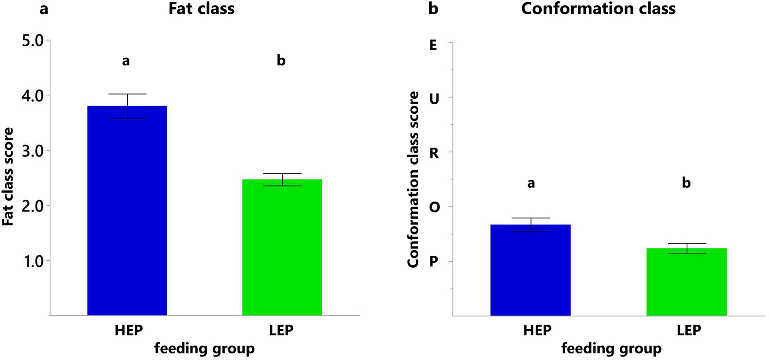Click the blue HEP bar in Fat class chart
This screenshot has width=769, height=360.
(x=127, y=211)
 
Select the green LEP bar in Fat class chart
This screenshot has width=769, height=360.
(x=282, y=247)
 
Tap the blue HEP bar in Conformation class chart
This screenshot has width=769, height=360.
(x=530, y=270)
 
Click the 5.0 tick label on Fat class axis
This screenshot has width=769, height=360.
(x=33, y=41)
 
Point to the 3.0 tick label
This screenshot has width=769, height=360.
(x=33, y=151)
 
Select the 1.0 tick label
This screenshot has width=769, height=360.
(x=33, y=261)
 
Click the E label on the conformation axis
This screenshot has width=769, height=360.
(x=433, y=45)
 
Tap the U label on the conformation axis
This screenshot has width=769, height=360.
(x=434, y=99)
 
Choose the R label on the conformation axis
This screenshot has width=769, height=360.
(x=434, y=153)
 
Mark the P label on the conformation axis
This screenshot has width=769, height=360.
(x=433, y=261)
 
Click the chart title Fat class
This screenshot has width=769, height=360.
(x=202, y=9)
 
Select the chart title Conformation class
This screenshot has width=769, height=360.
(x=598, y=9)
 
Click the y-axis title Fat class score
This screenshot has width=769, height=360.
(x=8, y=176)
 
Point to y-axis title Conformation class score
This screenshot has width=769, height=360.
(x=413, y=179)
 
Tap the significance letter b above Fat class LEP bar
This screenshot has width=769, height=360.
(x=281, y=61)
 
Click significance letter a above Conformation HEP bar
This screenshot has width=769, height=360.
(x=531, y=183)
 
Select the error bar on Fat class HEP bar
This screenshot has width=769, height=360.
(x=128, y=106)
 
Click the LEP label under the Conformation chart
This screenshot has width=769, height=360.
(x=689, y=330)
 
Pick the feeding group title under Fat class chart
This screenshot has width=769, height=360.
(x=204, y=348)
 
